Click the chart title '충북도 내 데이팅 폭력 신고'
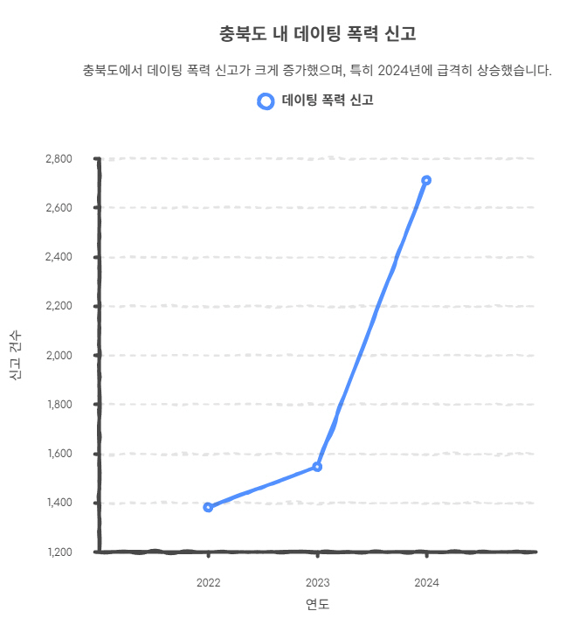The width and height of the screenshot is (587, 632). tap(318, 34)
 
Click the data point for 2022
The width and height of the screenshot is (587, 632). tap(208, 507)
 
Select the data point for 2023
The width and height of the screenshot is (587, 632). tap(317, 467)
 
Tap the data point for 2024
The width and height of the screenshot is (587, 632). tap(426, 180)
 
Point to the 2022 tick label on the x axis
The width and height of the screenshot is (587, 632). tap(208, 582)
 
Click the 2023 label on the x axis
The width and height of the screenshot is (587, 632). tap(317, 582)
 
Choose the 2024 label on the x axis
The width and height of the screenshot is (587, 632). tap(426, 582)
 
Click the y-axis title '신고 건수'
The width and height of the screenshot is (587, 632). tap(16, 356)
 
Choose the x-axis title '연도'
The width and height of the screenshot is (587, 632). tap(317, 605)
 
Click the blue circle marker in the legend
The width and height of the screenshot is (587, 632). tap(266, 101)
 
